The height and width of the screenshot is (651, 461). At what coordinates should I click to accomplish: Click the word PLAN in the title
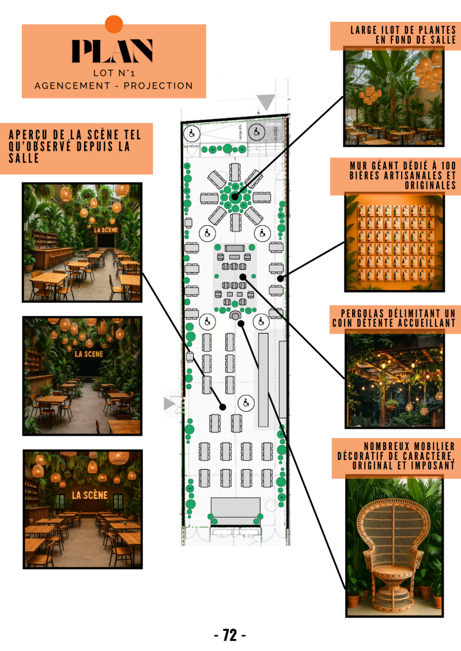tap(112, 51)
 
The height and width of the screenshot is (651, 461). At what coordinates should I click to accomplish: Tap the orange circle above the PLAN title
tap(114, 24)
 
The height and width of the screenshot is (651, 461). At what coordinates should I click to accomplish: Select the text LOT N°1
tap(114, 73)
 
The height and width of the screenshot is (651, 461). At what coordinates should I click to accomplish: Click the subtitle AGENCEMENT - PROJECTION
tap(114, 86)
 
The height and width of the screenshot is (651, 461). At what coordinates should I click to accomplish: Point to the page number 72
tap(230, 635)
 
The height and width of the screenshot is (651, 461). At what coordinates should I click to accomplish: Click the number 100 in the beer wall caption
tap(448, 166)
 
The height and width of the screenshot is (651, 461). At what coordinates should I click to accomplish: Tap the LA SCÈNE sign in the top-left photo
tap(106, 230)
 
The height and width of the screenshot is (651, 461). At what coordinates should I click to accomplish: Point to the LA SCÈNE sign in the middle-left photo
tap(88, 353)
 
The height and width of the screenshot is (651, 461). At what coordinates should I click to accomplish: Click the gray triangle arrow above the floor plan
tap(266, 102)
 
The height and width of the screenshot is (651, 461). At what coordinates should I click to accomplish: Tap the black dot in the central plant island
tap(235, 197)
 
